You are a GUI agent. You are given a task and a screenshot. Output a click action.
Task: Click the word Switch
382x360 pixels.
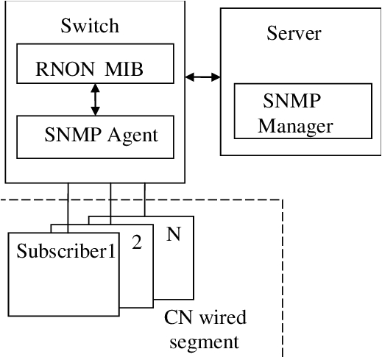88,27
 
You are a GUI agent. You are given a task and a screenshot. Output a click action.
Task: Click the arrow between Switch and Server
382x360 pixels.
202,76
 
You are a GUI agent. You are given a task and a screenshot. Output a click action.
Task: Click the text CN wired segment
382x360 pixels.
205,328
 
